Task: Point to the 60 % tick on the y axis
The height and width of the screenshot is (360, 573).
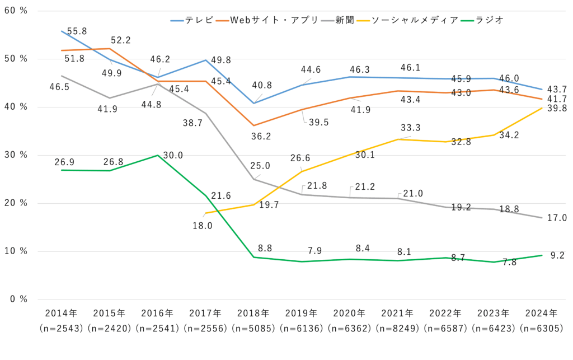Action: tap(16, 11)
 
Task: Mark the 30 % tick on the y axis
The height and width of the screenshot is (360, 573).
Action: tap(16, 155)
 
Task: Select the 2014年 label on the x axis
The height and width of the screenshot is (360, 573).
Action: tap(61, 313)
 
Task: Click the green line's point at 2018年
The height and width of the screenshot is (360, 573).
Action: tap(253, 257)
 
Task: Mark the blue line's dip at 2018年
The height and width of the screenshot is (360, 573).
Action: tap(253, 103)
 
